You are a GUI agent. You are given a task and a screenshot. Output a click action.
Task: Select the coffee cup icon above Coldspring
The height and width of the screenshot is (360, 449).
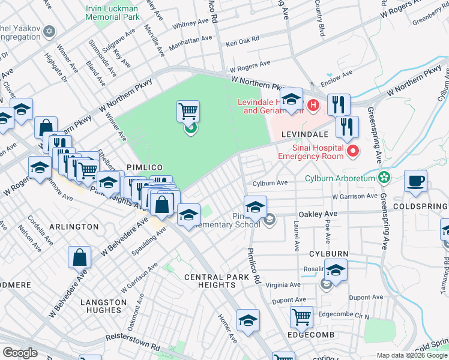point(415,181)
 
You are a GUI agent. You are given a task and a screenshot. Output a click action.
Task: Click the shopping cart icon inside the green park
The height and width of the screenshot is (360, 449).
point(188,111)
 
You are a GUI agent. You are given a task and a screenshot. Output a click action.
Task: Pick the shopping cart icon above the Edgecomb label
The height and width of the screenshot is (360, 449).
point(301,316)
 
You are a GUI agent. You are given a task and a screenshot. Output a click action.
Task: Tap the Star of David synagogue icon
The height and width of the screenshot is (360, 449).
point(50,31)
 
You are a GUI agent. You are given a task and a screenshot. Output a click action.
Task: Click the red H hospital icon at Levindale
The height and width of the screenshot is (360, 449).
point(312,106)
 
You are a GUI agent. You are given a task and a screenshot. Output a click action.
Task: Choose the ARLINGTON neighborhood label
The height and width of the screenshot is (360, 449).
point(75,227)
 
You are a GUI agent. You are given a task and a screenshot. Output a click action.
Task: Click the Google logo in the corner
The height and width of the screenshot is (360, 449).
point(20,353)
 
